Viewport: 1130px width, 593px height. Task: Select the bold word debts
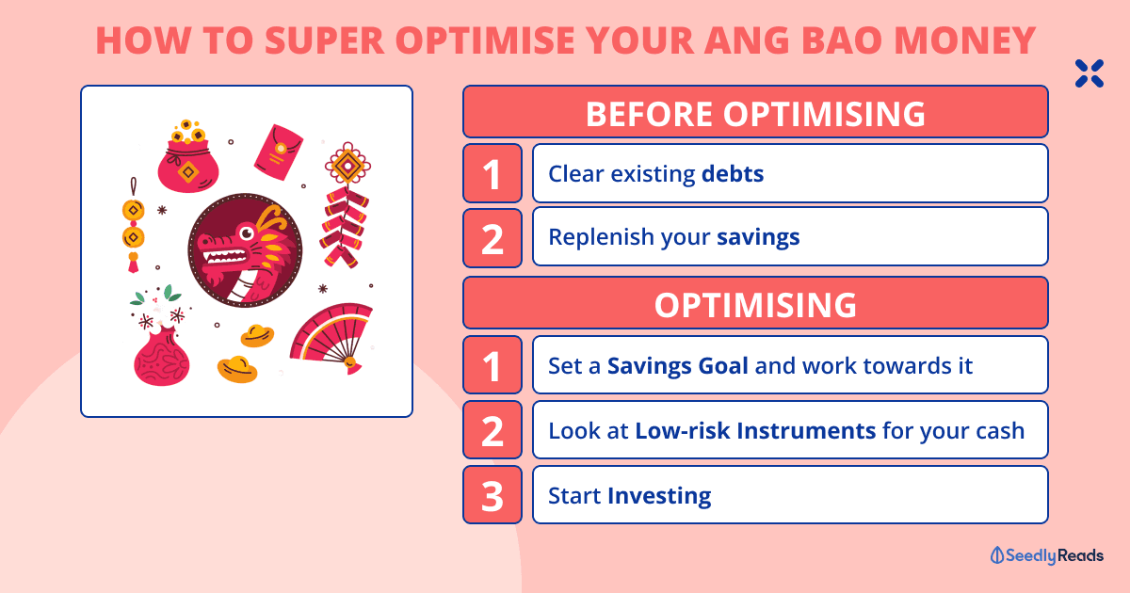click(x=733, y=173)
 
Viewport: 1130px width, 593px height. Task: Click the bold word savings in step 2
click(x=758, y=237)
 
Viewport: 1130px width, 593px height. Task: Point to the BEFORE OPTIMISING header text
click(x=755, y=114)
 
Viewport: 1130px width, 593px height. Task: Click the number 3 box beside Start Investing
click(x=492, y=495)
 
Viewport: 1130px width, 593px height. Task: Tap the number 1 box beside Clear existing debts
click(x=492, y=173)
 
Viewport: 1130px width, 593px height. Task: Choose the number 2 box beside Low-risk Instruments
click(x=492, y=430)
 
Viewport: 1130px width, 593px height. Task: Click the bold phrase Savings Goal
click(x=677, y=366)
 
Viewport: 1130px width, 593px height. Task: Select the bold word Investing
click(x=659, y=496)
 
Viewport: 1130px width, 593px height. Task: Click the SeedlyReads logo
click(x=1047, y=555)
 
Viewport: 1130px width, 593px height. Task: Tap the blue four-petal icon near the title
click(x=1090, y=73)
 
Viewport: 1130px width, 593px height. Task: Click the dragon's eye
click(x=247, y=233)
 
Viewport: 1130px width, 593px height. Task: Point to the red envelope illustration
click(x=278, y=152)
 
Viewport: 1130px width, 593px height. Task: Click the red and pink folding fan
click(x=331, y=337)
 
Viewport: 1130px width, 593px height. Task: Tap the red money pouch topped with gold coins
click(x=187, y=156)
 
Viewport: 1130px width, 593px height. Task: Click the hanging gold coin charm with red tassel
click(x=133, y=225)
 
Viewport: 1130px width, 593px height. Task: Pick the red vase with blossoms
click(x=160, y=336)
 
